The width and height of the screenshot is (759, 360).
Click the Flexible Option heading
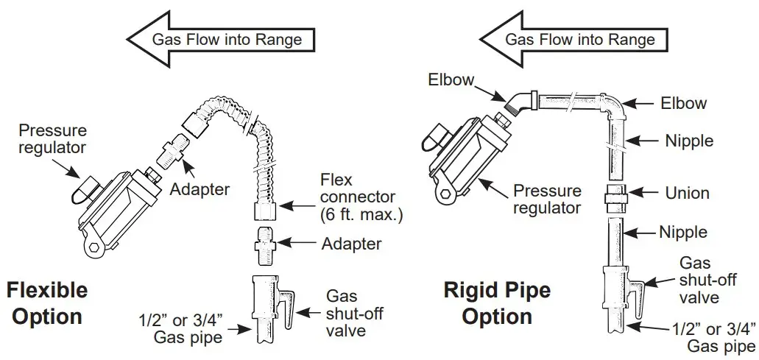click(46, 303)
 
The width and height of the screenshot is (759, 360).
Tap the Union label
click(687, 193)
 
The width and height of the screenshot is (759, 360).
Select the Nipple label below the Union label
click(682, 233)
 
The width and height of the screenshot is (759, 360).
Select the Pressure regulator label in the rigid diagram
click(546, 199)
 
